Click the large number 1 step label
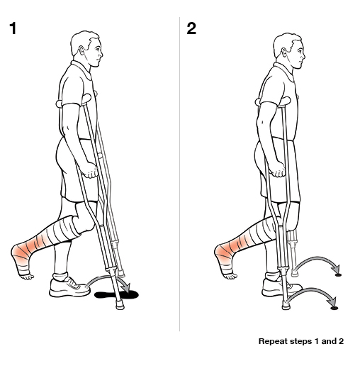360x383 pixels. pos(12,29)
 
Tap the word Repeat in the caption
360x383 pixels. pos(273,341)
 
